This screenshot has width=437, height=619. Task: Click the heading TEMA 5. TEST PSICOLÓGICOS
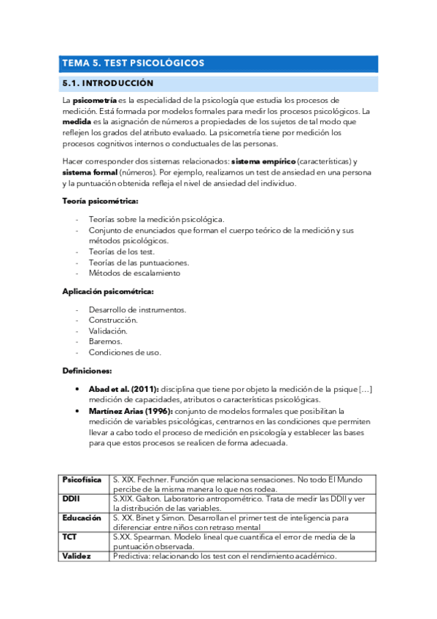click(x=133, y=64)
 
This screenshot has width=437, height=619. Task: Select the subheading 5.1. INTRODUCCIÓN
click(x=107, y=83)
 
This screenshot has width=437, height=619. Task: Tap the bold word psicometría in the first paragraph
click(x=94, y=100)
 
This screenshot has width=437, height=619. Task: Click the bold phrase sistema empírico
click(x=263, y=161)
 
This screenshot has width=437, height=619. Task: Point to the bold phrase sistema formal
click(x=90, y=172)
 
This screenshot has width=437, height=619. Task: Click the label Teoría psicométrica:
click(x=100, y=200)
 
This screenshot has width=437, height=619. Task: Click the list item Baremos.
click(x=105, y=341)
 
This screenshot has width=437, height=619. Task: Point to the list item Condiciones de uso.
click(x=125, y=352)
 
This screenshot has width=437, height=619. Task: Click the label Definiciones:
click(x=86, y=371)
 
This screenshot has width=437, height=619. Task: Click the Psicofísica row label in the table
click(x=81, y=479)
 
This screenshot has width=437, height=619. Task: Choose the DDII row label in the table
click(x=71, y=498)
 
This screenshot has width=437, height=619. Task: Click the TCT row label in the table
click(x=71, y=537)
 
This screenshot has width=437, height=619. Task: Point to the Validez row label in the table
click(x=76, y=555)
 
